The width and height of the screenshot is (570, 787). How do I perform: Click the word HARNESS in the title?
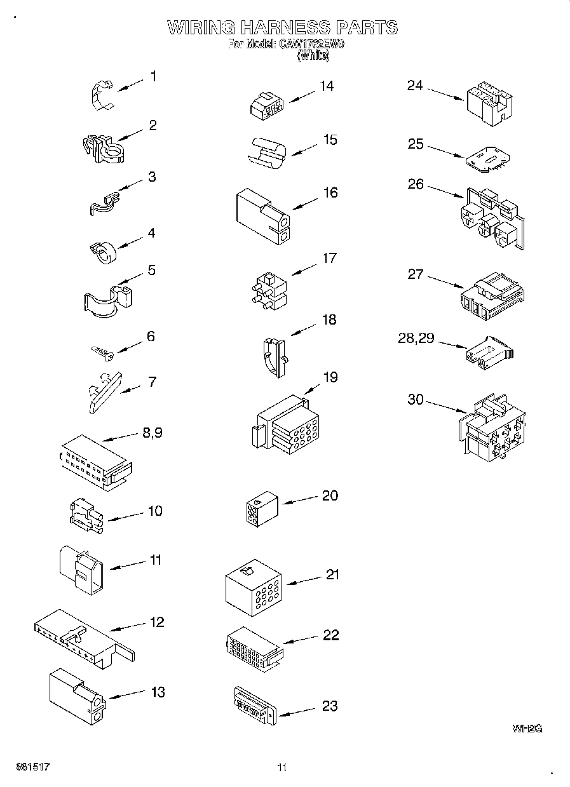[284, 27]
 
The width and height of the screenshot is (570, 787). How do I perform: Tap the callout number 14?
[326, 86]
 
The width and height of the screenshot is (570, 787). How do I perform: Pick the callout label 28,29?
[416, 338]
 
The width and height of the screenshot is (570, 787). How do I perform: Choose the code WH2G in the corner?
[527, 729]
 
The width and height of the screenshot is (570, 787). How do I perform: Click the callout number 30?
[415, 399]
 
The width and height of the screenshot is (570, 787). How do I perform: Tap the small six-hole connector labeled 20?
[260, 509]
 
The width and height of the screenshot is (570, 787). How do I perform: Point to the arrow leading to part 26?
[445, 190]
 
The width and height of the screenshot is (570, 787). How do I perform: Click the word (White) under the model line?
[313, 56]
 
